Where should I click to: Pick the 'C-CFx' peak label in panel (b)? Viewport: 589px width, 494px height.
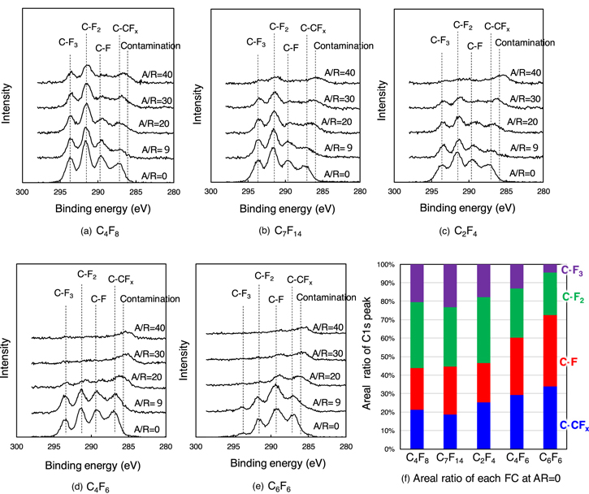pyautogui.click(x=314, y=29)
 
